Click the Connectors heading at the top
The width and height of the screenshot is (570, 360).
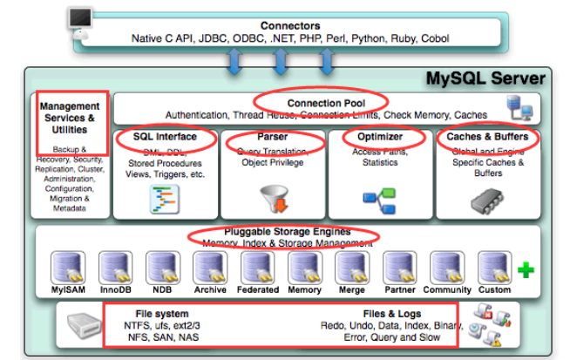coord(288,26)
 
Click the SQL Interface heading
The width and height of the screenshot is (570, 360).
coord(165,137)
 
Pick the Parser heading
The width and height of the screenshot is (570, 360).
coord(273,137)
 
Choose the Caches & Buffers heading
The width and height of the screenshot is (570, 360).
coord(487,137)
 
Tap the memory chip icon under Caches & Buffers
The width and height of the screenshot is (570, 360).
coord(489,199)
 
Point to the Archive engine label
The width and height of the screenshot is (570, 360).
coord(209,290)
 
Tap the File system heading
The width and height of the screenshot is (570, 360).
coord(161,313)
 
